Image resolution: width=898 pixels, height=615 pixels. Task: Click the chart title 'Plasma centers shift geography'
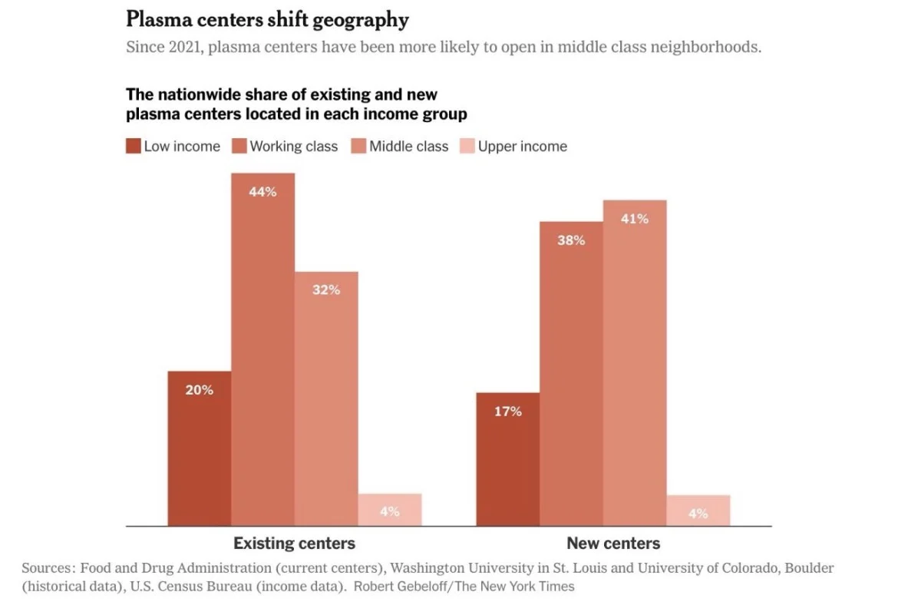(x=267, y=19)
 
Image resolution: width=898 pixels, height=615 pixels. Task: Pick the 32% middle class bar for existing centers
(x=326, y=398)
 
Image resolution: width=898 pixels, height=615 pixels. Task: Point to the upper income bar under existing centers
(x=390, y=510)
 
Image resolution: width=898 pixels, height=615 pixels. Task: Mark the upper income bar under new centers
(x=698, y=511)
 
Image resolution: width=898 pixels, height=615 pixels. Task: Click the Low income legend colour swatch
(x=134, y=146)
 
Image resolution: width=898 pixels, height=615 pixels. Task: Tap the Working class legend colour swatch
(x=239, y=146)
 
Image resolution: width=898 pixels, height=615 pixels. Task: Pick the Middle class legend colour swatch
(x=359, y=146)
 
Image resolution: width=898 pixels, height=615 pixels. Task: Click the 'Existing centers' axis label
(x=294, y=544)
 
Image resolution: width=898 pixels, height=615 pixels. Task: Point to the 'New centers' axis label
(x=613, y=544)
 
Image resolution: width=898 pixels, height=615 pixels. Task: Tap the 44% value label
(x=262, y=192)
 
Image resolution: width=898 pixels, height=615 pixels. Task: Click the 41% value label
(x=635, y=219)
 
